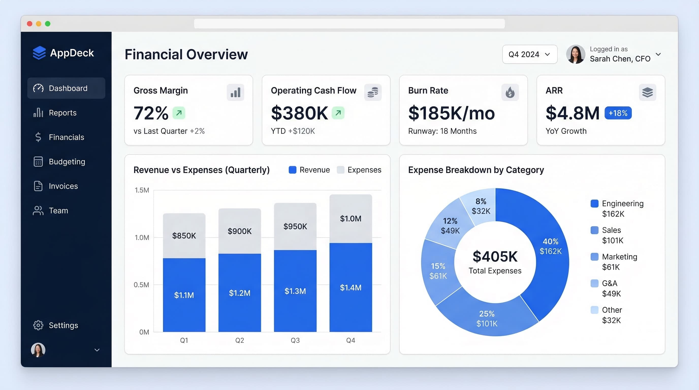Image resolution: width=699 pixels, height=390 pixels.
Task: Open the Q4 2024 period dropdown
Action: pos(529,54)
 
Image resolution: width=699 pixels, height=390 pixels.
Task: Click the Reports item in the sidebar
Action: pos(62,112)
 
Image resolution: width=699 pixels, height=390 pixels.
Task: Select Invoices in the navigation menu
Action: pos(63,186)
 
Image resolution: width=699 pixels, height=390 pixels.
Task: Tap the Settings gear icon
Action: pos(38,325)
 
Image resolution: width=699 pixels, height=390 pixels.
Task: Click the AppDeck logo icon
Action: pos(39,53)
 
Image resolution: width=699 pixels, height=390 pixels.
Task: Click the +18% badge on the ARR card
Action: pos(618,113)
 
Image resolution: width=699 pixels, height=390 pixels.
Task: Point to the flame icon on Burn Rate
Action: pos(510,92)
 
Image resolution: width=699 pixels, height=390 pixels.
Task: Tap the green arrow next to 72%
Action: pos(179,113)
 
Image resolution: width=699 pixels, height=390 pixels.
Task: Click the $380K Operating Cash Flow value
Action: pos(299,113)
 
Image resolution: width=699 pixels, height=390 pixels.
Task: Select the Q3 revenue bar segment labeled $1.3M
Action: pos(295,291)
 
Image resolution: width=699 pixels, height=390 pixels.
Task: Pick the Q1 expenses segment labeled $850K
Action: pos(184,235)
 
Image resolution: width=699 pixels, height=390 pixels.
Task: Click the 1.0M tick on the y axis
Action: pos(142,238)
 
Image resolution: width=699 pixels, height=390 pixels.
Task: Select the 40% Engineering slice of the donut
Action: pos(550,246)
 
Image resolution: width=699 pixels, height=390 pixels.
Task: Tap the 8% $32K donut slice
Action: pos(481,206)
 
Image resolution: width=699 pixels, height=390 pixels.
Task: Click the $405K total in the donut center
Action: pos(495,256)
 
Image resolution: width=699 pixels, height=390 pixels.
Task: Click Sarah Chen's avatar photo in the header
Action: pos(575,54)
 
